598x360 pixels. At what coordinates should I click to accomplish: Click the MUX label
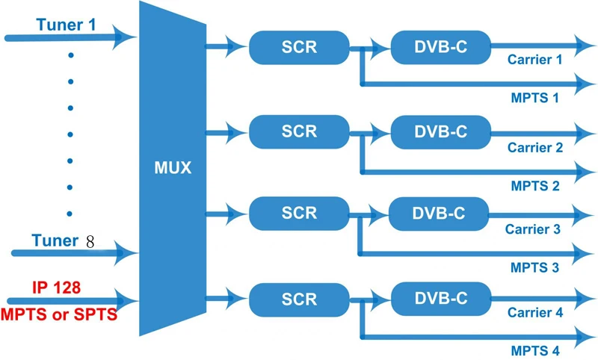(173, 167)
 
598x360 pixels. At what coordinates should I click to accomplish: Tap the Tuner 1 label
(66, 25)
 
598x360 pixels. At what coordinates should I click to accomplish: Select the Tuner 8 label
(63, 240)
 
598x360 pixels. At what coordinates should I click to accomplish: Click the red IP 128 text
(57, 288)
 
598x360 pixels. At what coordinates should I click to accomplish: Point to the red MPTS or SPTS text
(59, 314)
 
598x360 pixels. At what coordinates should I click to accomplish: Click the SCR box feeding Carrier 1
(299, 47)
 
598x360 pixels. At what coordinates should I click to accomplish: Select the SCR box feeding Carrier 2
(299, 131)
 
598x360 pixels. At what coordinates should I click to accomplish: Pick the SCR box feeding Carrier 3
(299, 214)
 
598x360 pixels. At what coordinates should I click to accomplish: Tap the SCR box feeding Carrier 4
(299, 300)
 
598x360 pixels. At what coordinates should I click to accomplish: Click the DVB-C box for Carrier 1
(441, 47)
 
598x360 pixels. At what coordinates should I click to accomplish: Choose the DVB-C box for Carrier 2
(441, 132)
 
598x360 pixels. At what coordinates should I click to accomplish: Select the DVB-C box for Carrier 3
(439, 214)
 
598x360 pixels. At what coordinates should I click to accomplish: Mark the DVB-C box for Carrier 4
(441, 299)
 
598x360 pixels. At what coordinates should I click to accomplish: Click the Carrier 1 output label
(534, 60)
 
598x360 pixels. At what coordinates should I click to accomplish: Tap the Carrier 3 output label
(533, 229)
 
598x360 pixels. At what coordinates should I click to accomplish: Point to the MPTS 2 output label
(535, 186)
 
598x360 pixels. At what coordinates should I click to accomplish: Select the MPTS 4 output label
(535, 350)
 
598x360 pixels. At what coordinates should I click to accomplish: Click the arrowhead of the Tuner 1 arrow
(124, 37)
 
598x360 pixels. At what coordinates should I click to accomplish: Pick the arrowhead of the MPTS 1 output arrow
(584, 84)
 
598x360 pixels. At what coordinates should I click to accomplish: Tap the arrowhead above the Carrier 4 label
(584, 299)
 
